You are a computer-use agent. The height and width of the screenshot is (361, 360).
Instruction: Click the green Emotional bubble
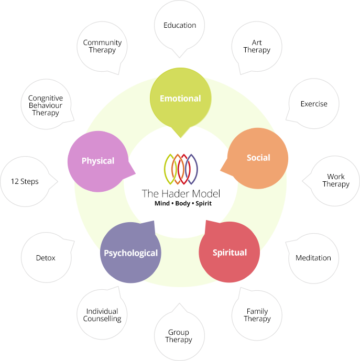coord(180,99)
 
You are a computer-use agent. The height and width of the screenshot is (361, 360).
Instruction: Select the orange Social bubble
coord(258,158)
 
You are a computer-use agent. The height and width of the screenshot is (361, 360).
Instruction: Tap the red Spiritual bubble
coord(230,253)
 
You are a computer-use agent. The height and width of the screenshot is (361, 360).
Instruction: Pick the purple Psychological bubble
coord(130,253)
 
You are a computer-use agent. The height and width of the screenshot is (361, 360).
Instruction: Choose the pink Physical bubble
coord(98,161)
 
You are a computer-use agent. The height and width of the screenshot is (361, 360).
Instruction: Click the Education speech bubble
coord(180,25)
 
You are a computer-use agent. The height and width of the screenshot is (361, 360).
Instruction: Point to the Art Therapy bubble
coord(257,46)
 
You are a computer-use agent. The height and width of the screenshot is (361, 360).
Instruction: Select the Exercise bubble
coord(313,104)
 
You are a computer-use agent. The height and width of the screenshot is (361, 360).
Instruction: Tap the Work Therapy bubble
coord(335,180)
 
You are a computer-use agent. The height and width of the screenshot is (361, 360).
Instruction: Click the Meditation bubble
coord(313,258)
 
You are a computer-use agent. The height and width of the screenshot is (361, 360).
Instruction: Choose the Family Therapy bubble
coord(257,315)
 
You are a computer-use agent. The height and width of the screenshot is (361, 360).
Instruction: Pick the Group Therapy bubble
coord(179,336)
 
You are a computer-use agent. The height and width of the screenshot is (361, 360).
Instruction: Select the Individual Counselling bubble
coord(103,315)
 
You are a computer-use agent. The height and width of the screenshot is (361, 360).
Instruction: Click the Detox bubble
coord(46,258)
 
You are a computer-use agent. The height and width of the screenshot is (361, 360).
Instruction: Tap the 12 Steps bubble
coord(25,181)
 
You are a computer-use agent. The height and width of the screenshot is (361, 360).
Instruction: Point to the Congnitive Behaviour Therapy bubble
coord(46,105)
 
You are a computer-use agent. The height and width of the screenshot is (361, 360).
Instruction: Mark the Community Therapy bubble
coord(102,46)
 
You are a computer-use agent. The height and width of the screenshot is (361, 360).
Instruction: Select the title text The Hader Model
coord(180,193)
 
